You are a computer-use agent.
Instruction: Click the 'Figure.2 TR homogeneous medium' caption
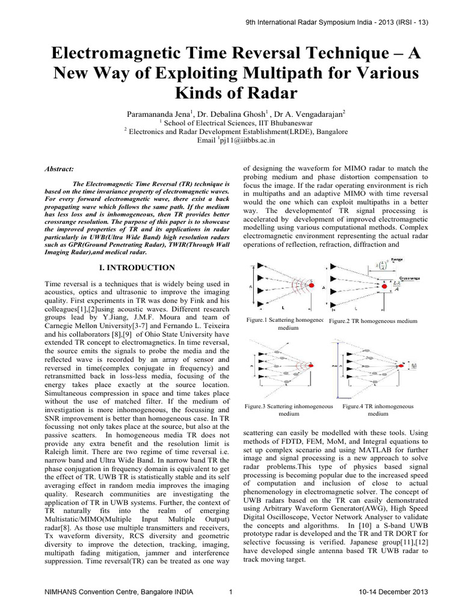373,322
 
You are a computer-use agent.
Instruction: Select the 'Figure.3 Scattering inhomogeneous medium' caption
289,410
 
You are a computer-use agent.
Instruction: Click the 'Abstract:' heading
60,170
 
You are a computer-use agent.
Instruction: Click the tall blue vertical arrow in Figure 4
333,367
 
